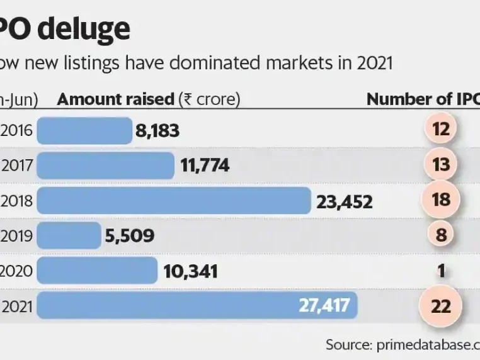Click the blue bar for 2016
tap(85, 130)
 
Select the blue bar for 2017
tap(106, 166)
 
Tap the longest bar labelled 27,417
tap(197, 307)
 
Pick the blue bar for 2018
tap(174, 200)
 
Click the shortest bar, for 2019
tap(69, 235)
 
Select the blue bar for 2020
tap(98, 271)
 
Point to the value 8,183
tap(157, 131)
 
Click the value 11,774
tap(205, 166)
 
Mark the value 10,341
tap(190, 271)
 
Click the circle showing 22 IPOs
tap(442, 307)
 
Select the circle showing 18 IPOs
tap(442, 200)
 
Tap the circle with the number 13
tap(442, 165)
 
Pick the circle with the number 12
tap(441, 130)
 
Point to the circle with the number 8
tap(442, 235)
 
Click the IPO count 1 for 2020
tap(442, 271)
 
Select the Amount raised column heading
tap(115, 99)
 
